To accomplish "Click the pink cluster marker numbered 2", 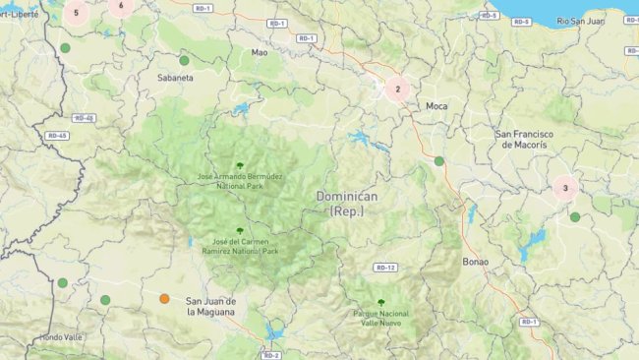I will coord(397,89).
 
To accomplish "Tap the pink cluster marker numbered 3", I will coord(565,187).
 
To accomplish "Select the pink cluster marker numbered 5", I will coord(77,13).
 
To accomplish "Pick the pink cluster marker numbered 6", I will coord(121,6).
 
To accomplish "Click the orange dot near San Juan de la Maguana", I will coord(164,298).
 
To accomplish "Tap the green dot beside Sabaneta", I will coord(184,60).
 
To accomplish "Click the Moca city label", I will coord(436,105).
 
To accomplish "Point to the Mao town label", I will coord(259,52).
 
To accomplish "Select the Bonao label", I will coord(475,262).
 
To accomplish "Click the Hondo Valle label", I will coord(61,337).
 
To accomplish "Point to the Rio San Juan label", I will coord(579,21).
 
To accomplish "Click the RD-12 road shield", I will coord(385,268).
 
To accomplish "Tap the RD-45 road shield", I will coord(56,136).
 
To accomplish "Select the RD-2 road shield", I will coord(272,355).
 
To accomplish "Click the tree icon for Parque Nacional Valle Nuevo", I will coord(380,302).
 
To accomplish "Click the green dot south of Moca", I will coord(439,160).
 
